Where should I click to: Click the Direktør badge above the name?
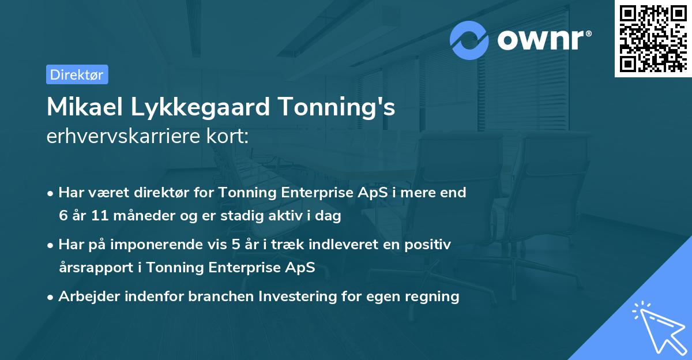(77, 74)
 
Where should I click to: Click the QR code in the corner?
(652, 38)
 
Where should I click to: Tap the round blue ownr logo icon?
(469, 40)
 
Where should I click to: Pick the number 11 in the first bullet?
(100, 216)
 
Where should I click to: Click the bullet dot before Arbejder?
(51, 297)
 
